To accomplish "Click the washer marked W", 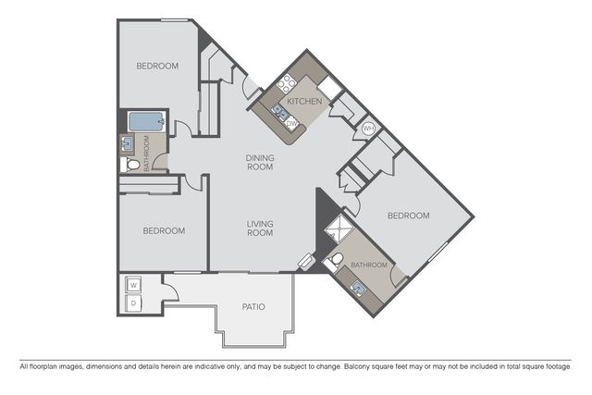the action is (133, 285).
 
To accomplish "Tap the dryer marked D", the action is (133, 302).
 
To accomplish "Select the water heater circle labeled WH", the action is (368, 129).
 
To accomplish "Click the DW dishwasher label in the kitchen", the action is (292, 123).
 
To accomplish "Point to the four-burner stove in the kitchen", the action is (287, 83).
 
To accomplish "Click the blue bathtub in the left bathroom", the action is (146, 121).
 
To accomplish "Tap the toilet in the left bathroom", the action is (129, 165).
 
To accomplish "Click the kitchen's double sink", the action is (279, 112).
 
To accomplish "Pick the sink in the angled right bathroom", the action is (358, 289).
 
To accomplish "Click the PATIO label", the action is (253, 306).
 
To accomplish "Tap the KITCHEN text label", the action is (304, 101).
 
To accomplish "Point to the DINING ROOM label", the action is (260, 163).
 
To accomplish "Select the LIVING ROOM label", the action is (260, 228).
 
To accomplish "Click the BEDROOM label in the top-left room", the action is (157, 66).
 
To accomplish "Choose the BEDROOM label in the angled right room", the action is (409, 216).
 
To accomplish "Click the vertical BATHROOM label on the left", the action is (146, 153).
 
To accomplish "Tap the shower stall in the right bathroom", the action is (339, 228).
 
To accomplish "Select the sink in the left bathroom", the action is (128, 144).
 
